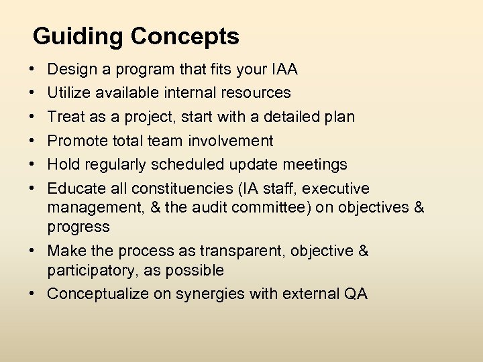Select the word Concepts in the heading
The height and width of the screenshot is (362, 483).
[x=184, y=37]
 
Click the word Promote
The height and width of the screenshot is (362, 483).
[x=75, y=141]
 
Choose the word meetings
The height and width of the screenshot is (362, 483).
[x=315, y=164]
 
